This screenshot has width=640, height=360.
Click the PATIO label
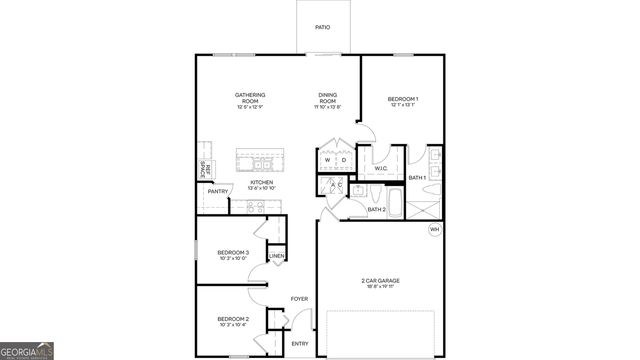point(323,27)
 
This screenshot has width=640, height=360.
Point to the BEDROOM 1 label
point(403,99)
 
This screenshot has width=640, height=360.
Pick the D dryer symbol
point(343,160)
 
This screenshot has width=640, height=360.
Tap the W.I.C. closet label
point(381,168)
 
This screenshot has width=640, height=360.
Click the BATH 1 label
point(417,177)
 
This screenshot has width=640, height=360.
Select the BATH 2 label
point(376,209)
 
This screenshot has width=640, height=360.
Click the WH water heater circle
point(434,229)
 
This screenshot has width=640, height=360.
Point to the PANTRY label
point(218,191)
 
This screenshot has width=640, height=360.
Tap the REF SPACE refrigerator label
point(204,170)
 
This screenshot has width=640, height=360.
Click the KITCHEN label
point(248,182)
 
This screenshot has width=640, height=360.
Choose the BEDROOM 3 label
point(233,253)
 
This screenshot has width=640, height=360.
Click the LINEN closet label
point(277,257)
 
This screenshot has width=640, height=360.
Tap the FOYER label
point(299,298)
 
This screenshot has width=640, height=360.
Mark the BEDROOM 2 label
point(233,319)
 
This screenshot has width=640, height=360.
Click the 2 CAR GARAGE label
point(380,280)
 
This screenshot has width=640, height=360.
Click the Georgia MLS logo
point(27,350)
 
